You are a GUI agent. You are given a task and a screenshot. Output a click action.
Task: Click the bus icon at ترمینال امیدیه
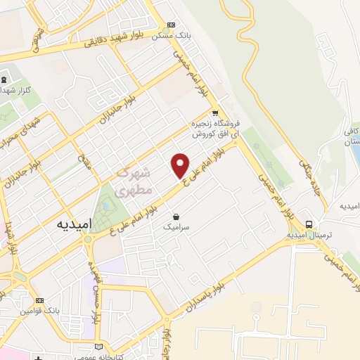click(x=309, y=224)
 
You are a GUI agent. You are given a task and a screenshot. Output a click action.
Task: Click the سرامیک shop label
click(x=176, y=226)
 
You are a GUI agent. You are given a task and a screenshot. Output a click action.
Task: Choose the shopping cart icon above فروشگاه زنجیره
click(x=215, y=113)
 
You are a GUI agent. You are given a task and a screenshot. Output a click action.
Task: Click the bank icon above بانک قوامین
click(x=39, y=300)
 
